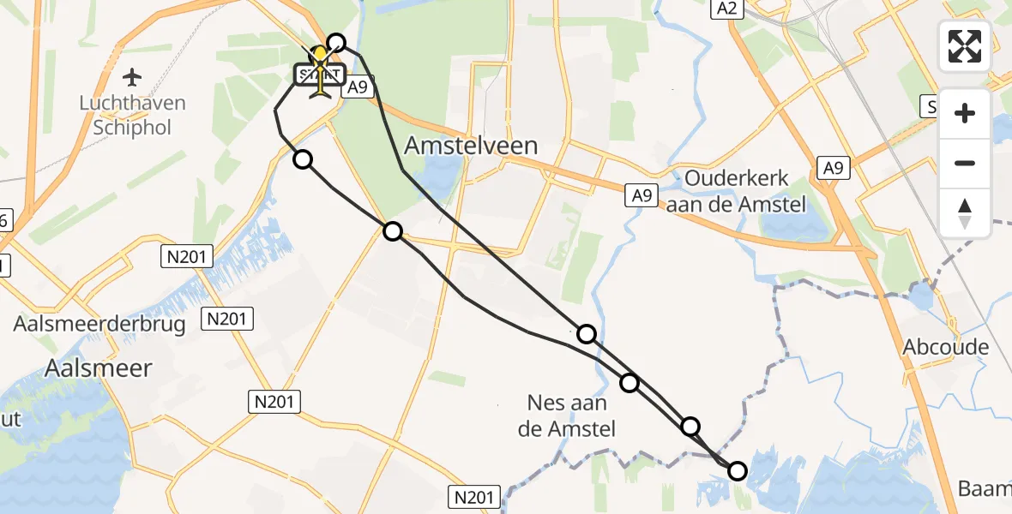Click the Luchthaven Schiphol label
132,116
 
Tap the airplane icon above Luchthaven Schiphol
132,78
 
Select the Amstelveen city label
471,145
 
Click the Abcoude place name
945,347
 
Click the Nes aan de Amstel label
568,415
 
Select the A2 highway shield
726,9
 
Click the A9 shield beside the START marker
357,87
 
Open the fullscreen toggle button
965,46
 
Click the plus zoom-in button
965,113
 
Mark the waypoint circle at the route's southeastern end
738,470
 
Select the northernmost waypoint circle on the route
336,43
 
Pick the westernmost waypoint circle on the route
303,159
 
